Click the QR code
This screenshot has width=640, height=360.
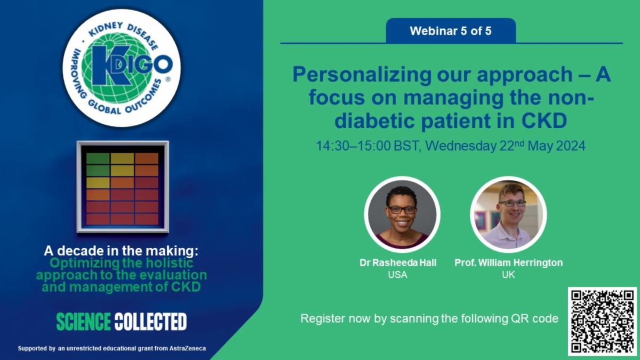tap(602, 322)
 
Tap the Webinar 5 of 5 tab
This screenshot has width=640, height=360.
tap(451, 30)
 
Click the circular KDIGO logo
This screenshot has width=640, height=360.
tap(122, 68)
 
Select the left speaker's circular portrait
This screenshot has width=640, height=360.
tap(402, 214)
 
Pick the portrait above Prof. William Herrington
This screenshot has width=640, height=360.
tap(509, 214)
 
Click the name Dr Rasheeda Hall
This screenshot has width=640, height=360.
tap(398, 262)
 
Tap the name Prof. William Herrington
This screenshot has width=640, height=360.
tap(509, 262)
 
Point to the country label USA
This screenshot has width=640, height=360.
tap(398, 275)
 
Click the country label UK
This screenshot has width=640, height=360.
tap(509, 275)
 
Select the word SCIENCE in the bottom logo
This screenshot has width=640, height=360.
tap(83, 322)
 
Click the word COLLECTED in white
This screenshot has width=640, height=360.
tap(150, 322)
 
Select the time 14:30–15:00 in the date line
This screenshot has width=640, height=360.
tap(354, 146)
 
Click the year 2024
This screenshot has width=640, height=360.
tap(571, 146)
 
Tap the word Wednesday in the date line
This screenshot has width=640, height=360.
tap(461, 146)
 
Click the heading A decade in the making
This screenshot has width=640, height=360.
tap(121, 251)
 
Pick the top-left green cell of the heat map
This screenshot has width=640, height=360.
tap(98, 158)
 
